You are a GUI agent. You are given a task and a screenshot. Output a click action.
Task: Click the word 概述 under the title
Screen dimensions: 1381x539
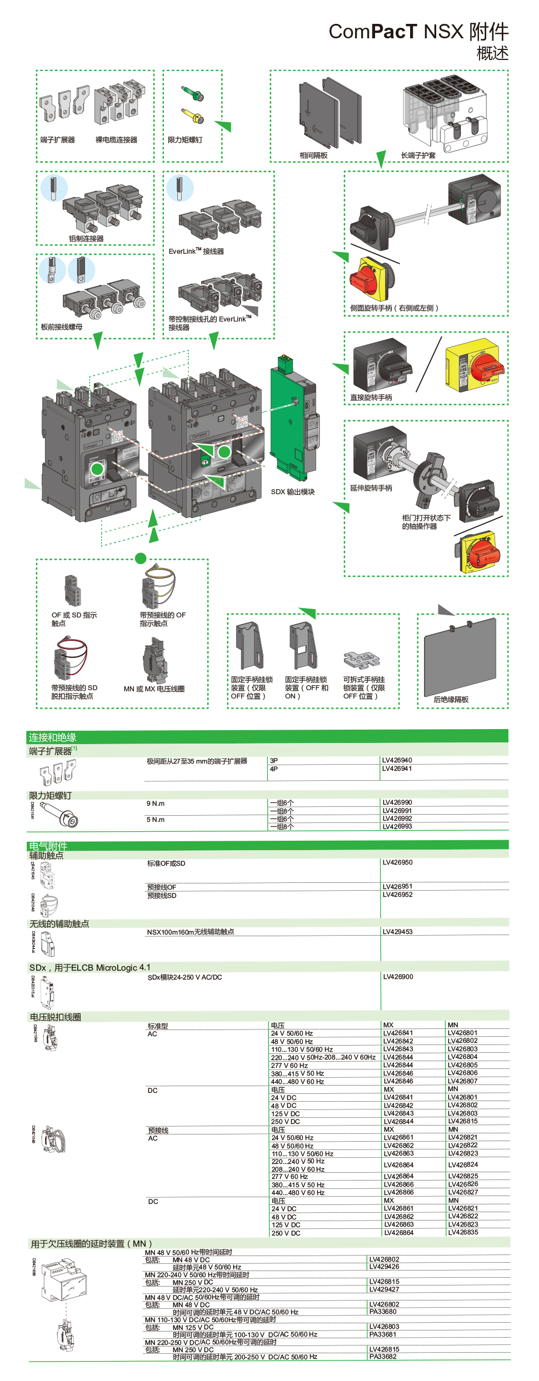pos(492,53)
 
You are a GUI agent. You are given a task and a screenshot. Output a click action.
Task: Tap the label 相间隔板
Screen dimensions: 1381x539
pos(313,155)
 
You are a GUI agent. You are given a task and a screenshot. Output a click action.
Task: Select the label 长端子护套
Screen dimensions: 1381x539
pos(418,155)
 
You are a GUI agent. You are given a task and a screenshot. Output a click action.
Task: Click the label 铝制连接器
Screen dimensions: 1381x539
pos(86,239)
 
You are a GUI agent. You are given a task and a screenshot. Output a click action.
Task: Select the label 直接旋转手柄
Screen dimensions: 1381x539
pos(371,398)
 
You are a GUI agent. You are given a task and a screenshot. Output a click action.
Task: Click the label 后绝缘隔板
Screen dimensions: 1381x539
pos(451,700)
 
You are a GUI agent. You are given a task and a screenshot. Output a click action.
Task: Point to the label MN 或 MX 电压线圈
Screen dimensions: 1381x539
pos(154,689)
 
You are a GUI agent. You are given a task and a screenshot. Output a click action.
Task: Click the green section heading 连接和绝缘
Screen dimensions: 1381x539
pos(52,737)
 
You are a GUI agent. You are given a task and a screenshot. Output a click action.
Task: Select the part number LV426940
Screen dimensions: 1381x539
pos(397,760)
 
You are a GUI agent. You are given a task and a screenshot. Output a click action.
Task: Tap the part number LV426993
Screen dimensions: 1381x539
pos(397,827)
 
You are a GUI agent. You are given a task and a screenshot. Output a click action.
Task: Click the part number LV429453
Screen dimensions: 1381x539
pos(397,932)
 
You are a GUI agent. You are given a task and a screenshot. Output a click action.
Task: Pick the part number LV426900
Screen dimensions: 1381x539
pos(397,977)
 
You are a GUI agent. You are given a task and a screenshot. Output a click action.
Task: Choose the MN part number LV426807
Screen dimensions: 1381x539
pos(462,1081)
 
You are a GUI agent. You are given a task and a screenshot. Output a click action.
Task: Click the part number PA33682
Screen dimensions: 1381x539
pos(383,1357)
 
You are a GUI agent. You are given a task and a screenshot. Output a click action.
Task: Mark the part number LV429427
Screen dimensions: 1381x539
pos(384,1289)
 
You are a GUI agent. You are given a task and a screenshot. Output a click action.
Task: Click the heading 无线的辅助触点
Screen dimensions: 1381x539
pos(59,924)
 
